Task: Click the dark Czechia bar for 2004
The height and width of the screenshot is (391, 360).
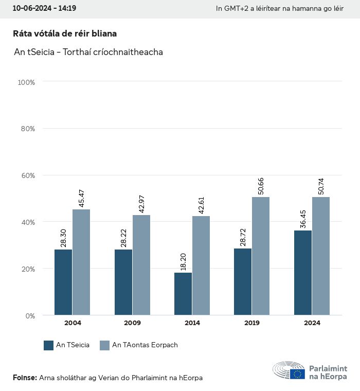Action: [63, 282]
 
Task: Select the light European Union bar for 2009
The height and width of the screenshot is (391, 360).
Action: [141, 265]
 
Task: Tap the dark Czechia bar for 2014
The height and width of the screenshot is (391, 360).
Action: [183, 294]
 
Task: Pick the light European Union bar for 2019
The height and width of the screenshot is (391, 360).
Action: [261, 256]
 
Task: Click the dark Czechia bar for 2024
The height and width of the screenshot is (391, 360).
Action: [302, 273]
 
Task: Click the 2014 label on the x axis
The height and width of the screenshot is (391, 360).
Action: [192, 323]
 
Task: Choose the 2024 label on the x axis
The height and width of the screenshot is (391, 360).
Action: [312, 323]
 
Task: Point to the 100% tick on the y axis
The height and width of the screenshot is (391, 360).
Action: [26, 82]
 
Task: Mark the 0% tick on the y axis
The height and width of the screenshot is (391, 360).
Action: [30, 315]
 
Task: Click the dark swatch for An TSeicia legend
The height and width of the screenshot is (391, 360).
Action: [49, 345]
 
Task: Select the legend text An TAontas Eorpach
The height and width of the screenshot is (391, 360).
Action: [145, 345]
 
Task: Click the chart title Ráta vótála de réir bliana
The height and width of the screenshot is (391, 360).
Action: [65, 33]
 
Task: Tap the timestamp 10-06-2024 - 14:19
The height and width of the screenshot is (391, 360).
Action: [44, 8]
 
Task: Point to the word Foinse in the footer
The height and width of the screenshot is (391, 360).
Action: [25, 378]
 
